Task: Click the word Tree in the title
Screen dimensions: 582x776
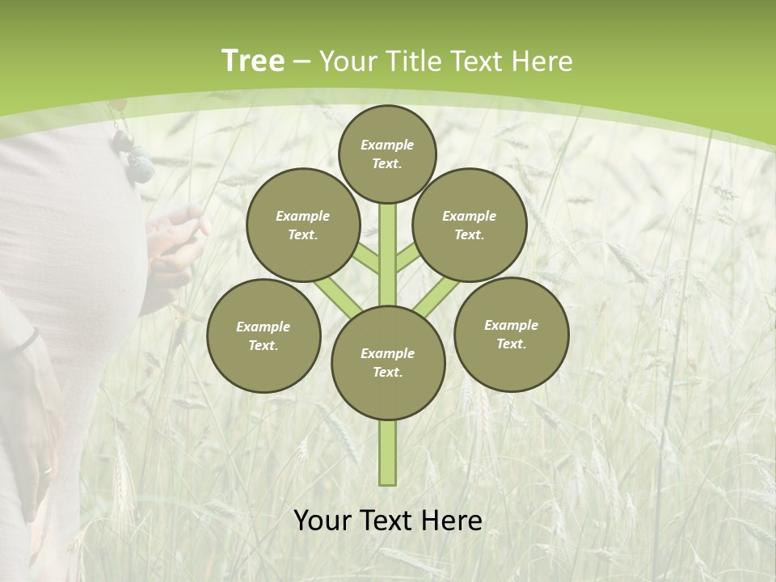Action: tap(252, 61)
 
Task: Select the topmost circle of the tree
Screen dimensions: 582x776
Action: tap(387, 154)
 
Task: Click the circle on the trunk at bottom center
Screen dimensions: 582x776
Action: tap(388, 363)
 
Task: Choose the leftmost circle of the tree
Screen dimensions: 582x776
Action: tap(264, 335)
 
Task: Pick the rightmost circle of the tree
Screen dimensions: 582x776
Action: tap(511, 334)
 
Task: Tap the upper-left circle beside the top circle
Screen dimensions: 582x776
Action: tap(303, 225)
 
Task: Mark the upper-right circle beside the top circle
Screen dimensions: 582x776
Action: tap(470, 225)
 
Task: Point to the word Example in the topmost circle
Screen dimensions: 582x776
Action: tap(387, 145)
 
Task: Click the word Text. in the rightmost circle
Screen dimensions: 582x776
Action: tap(511, 344)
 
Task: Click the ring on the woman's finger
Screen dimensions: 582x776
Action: tap(46, 470)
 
